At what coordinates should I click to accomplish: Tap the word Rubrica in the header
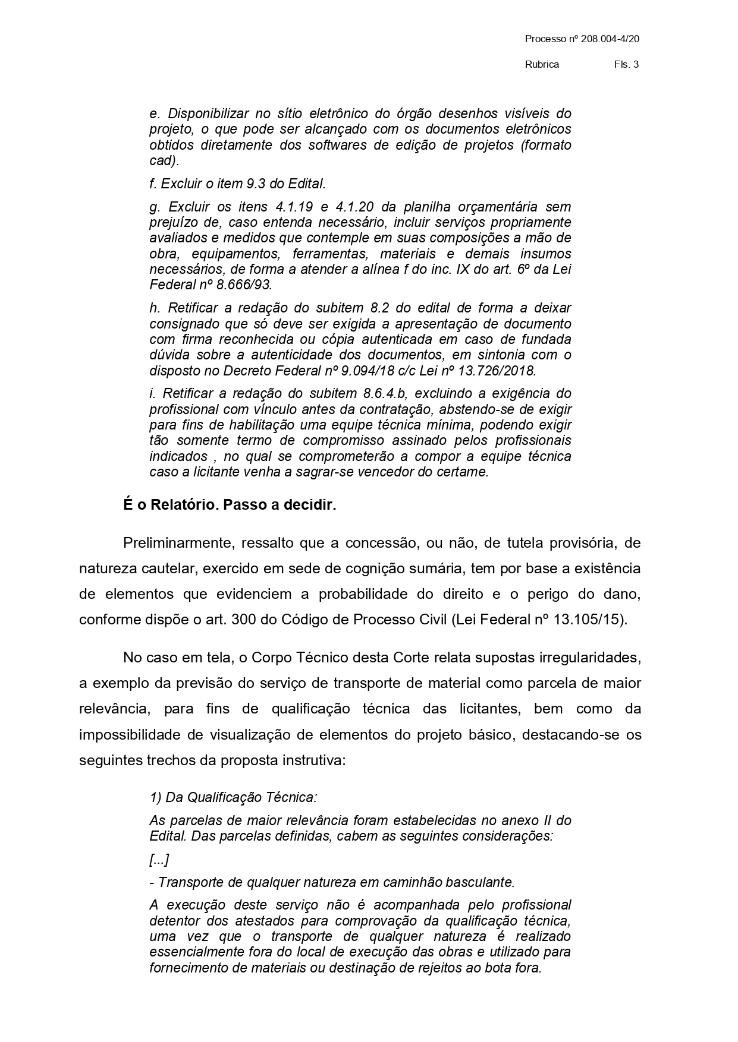pos(542,65)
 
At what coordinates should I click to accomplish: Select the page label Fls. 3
pos(626,65)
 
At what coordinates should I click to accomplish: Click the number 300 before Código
pos(243,620)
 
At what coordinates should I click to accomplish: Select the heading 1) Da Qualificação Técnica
pos(233,797)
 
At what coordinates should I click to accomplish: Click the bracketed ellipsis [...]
pos(159,860)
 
